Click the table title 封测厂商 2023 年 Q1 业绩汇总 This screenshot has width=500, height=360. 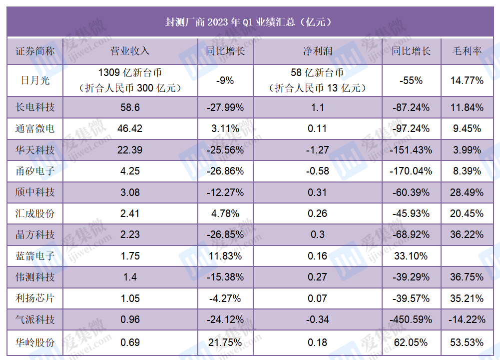click(x=230, y=22)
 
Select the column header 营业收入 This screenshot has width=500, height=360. click(x=130, y=51)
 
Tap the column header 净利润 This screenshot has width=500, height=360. click(x=318, y=51)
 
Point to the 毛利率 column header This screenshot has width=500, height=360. click(x=467, y=51)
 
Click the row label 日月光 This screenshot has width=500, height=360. click(x=35, y=80)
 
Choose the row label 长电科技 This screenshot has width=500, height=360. click(x=35, y=107)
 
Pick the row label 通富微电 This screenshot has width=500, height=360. click(x=35, y=128)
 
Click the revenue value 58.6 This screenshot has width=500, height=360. click(x=130, y=107)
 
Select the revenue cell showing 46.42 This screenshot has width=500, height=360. click(x=130, y=128)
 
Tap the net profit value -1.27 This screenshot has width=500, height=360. click(x=318, y=150)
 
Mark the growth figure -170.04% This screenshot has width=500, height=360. click(x=411, y=171)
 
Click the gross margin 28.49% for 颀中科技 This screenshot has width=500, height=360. click(x=467, y=192)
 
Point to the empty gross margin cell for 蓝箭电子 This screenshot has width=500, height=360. click(x=467, y=256)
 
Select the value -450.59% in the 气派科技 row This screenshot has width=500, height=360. click(x=411, y=319)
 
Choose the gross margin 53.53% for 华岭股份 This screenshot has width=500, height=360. click(x=467, y=342)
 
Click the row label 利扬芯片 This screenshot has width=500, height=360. click(x=35, y=298)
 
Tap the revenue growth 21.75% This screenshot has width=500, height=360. click(x=225, y=342)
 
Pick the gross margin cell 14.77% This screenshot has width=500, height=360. click(x=467, y=80)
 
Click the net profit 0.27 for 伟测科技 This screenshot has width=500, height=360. click(x=318, y=277)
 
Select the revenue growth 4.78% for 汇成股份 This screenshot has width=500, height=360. click(x=225, y=213)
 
